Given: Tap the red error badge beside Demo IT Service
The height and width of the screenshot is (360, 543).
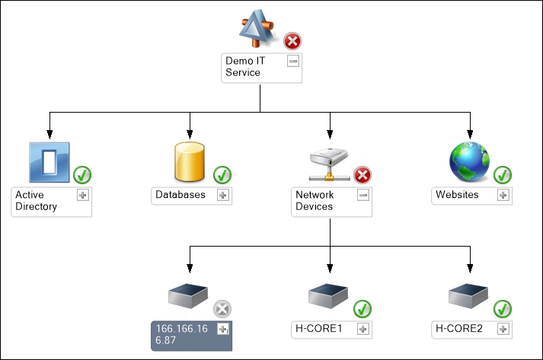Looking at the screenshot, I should tap(293, 41).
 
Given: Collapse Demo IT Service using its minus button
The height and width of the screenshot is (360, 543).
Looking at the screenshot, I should tap(293, 61).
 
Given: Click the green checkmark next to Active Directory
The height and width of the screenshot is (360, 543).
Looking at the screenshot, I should tap(83, 175).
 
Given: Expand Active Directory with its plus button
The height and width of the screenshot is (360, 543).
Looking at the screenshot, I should tap(83, 195).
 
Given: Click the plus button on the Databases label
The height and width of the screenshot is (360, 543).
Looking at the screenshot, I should tap(223, 195).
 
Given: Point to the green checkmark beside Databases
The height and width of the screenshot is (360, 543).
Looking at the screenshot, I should tap(222, 175).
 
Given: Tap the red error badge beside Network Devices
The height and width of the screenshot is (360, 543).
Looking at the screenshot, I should tap(363, 175).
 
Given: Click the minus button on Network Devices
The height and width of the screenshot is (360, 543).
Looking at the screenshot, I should tap(363, 195).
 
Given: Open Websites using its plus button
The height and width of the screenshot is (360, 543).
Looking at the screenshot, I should tap(503, 195).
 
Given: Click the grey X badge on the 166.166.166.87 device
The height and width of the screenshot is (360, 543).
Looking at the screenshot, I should tap(222, 309).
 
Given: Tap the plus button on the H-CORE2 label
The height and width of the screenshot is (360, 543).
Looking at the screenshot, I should tap(503, 329).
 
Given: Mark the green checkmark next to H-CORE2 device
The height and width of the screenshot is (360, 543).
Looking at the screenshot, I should tap(503, 309).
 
